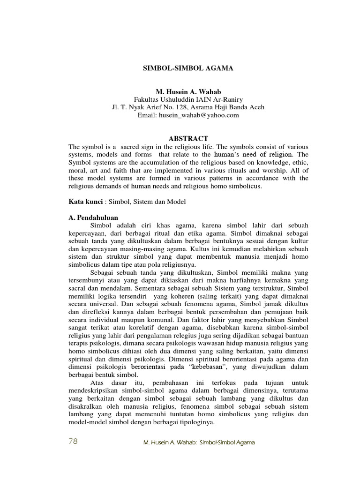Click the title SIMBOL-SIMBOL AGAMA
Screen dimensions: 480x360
[187, 68]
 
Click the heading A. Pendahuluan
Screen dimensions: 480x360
[93, 217]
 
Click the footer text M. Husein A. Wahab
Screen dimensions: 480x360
[171, 442]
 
